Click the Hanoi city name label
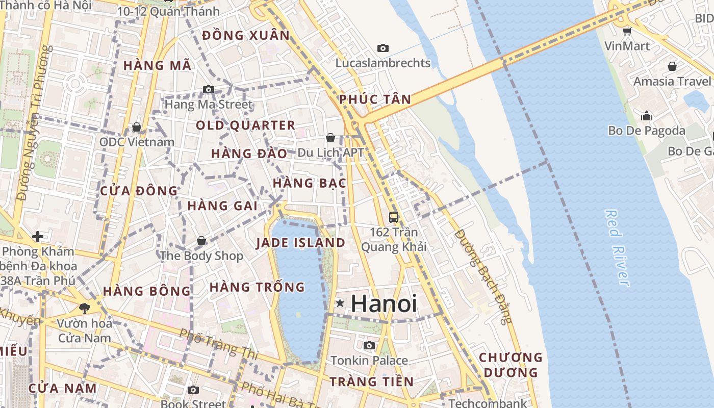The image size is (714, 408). pyautogui.click(x=384, y=304)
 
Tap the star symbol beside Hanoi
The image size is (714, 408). pyautogui.click(x=340, y=303)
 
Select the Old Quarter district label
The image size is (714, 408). pyautogui.click(x=245, y=125)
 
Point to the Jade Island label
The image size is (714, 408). pyautogui.click(x=300, y=243)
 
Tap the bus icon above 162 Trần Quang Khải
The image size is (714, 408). pyautogui.click(x=393, y=217)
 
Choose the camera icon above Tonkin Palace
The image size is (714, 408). pyautogui.click(x=369, y=346)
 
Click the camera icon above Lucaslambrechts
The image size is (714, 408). pyautogui.click(x=382, y=48)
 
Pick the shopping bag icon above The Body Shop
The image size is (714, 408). pyautogui.click(x=201, y=240)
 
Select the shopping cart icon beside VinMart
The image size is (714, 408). pyautogui.click(x=627, y=31)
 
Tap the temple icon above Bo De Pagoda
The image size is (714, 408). pyautogui.click(x=647, y=116)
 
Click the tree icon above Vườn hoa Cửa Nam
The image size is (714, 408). pyautogui.click(x=84, y=308)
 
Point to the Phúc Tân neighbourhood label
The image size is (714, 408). pyautogui.click(x=375, y=99)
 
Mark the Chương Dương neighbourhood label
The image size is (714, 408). pyautogui.click(x=511, y=365)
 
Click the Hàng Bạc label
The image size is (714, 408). pyautogui.click(x=310, y=183)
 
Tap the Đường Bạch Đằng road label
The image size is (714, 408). pyautogui.click(x=482, y=276)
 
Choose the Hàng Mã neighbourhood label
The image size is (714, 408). pyautogui.click(x=157, y=65)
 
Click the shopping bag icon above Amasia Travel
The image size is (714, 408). pyautogui.click(x=672, y=66)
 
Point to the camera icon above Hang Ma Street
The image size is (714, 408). pyautogui.click(x=208, y=90)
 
